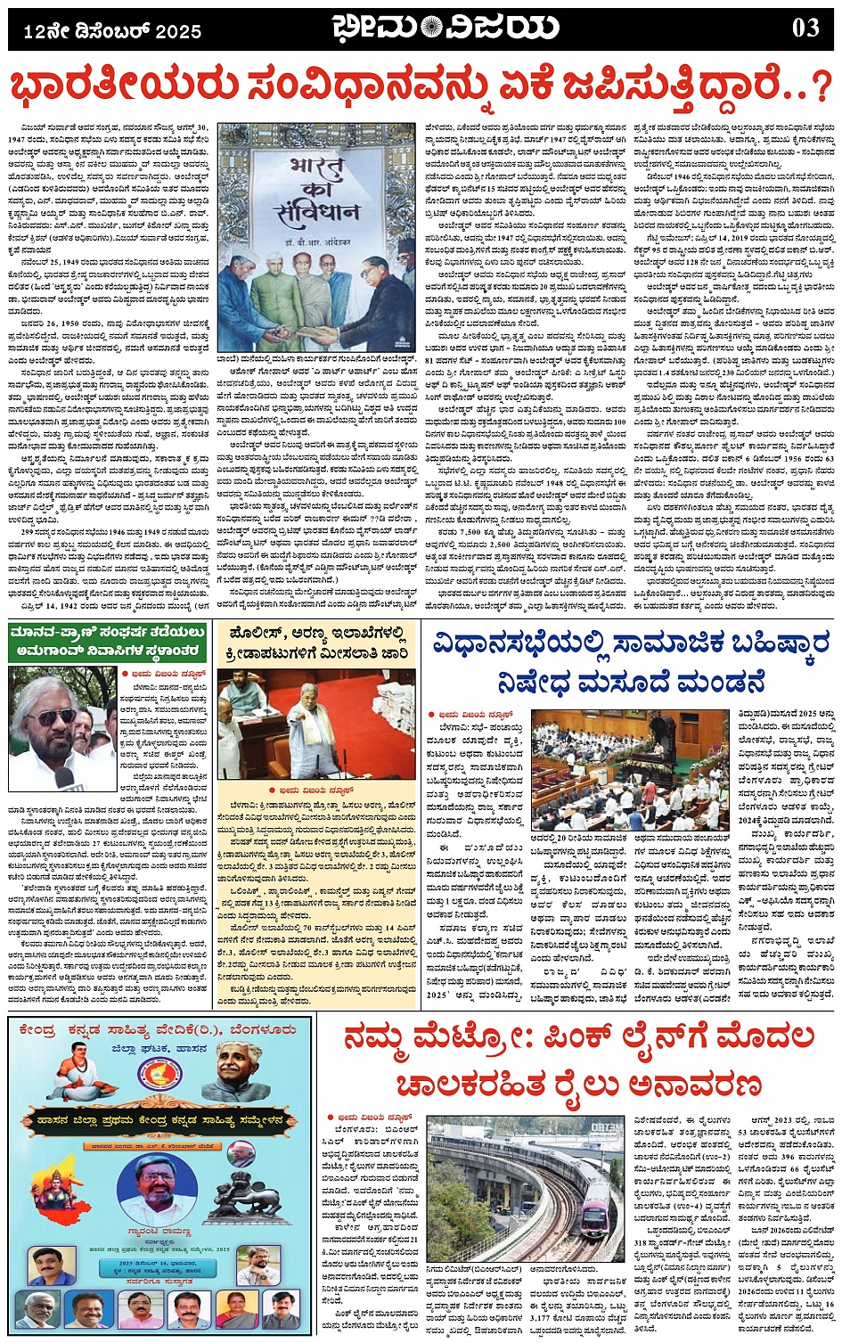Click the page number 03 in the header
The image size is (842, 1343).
pos(805,28)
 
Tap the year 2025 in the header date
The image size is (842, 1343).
pos(178,31)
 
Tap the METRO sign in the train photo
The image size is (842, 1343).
pos(607,1127)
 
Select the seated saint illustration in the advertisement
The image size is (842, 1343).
pos(78,1070)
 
